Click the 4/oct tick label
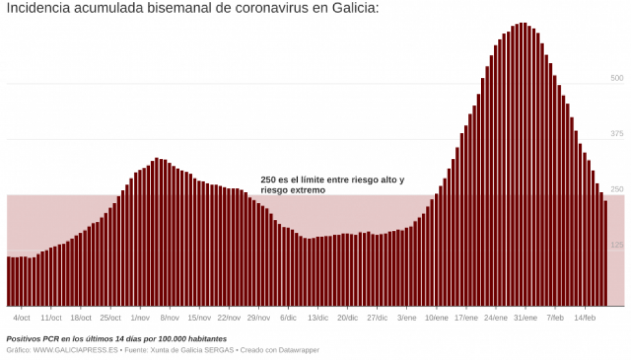(22, 318)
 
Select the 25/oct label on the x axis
(111, 318)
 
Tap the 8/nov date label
(170, 318)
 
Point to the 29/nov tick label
(259, 318)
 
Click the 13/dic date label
(318, 318)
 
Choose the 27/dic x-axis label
(378, 318)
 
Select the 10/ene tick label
(437, 318)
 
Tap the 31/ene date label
(526, 318)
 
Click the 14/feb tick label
(585, 318)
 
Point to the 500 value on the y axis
(617, 78)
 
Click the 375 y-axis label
(617, 134)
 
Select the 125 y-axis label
(617, 245)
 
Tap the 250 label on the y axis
(617, 190)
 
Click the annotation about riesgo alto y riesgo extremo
(333, 185)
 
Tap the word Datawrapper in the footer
(298, 350)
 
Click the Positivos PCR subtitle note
(116, 339)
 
